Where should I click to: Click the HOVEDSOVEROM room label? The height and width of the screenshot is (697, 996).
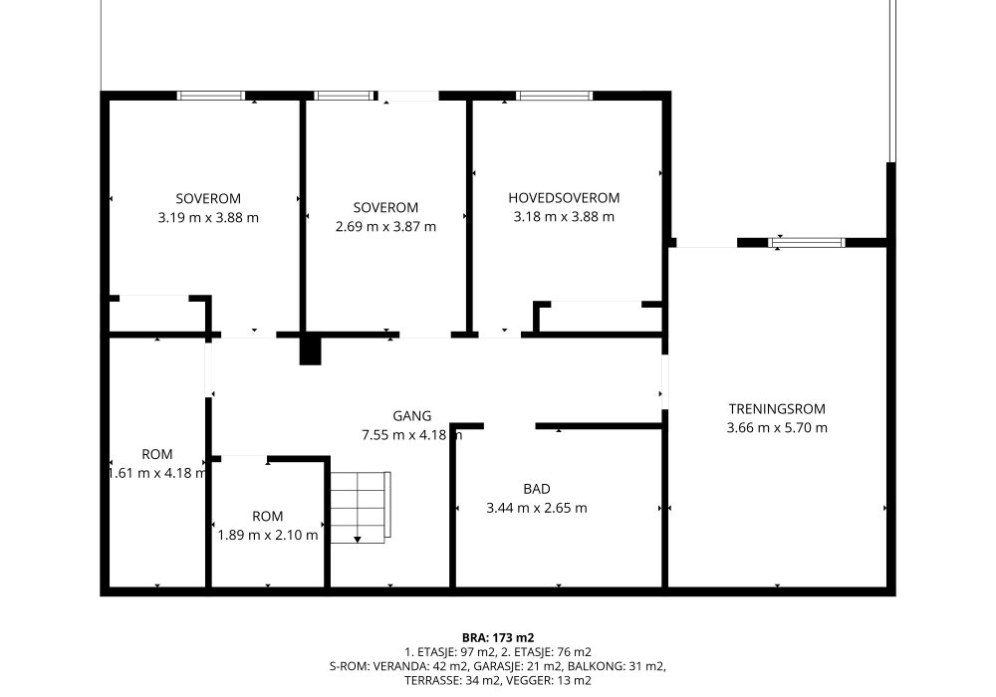point(564,198)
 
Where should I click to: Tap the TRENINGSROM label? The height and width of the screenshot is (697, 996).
point(777,409)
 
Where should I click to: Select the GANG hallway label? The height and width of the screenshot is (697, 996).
point(411,416)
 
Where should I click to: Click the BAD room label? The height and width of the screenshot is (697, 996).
point(537,489)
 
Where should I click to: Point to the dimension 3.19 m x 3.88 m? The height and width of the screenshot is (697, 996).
point(208,218)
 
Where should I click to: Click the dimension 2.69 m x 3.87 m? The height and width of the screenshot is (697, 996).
point(385,227)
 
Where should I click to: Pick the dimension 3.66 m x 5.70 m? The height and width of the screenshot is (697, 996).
point(777,428)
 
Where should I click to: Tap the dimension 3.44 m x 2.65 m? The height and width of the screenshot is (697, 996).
point(537,508)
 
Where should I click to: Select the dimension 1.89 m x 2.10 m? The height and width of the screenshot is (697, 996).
point(267,535)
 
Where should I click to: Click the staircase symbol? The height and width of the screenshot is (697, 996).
point(360,507)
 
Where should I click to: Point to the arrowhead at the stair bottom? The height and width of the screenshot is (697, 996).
point(358,540)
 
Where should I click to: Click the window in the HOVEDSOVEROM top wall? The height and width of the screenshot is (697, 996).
point(554,96)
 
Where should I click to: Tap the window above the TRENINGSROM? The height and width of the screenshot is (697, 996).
point(807,243)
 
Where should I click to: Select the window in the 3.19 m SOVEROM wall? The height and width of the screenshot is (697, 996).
point(211,96)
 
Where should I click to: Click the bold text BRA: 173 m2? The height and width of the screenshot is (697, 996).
point(498,638)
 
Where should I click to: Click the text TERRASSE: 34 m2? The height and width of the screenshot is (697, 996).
point(450,681)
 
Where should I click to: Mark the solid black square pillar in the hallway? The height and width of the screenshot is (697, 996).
point(311,349)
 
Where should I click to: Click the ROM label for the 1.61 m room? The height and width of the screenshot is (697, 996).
point(157,454)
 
